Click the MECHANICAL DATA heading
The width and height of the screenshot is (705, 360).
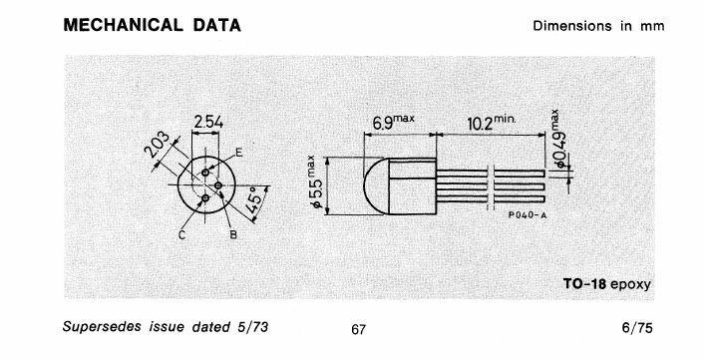click(x=152, y=25)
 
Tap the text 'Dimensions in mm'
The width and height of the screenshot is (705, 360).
click(x=598, y=26)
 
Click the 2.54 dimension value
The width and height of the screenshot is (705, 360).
click(x=208, y=122)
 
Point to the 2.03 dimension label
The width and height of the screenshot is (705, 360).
click(x=158, y=144)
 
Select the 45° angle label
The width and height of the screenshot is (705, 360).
click(x=254, y=200)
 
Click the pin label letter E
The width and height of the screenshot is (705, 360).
click(x=239, y=153)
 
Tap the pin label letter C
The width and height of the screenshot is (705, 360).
click(x=182, y=234)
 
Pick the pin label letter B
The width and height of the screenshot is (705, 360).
click(x=233, y=234)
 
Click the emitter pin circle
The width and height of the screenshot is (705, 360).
click(x=205, y=173)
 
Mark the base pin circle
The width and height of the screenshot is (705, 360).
click(x=218, y=185)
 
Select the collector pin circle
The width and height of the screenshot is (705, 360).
click(x=205, y=197)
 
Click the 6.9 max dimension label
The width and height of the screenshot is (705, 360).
click(x=393, y=122)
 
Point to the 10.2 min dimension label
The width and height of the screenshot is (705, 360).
click(x=492, y=122)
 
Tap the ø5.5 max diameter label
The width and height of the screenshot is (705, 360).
click(x=315, y=182)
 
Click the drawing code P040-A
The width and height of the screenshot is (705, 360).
click(x=528, y=215)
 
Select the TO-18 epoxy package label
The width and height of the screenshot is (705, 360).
click(x=607, y=284)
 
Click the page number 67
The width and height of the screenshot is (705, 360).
click(x=358, y=330)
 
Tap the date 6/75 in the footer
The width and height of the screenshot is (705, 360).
click(x=637, y=328)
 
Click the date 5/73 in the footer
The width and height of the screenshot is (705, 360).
click(x=252, y=327)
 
